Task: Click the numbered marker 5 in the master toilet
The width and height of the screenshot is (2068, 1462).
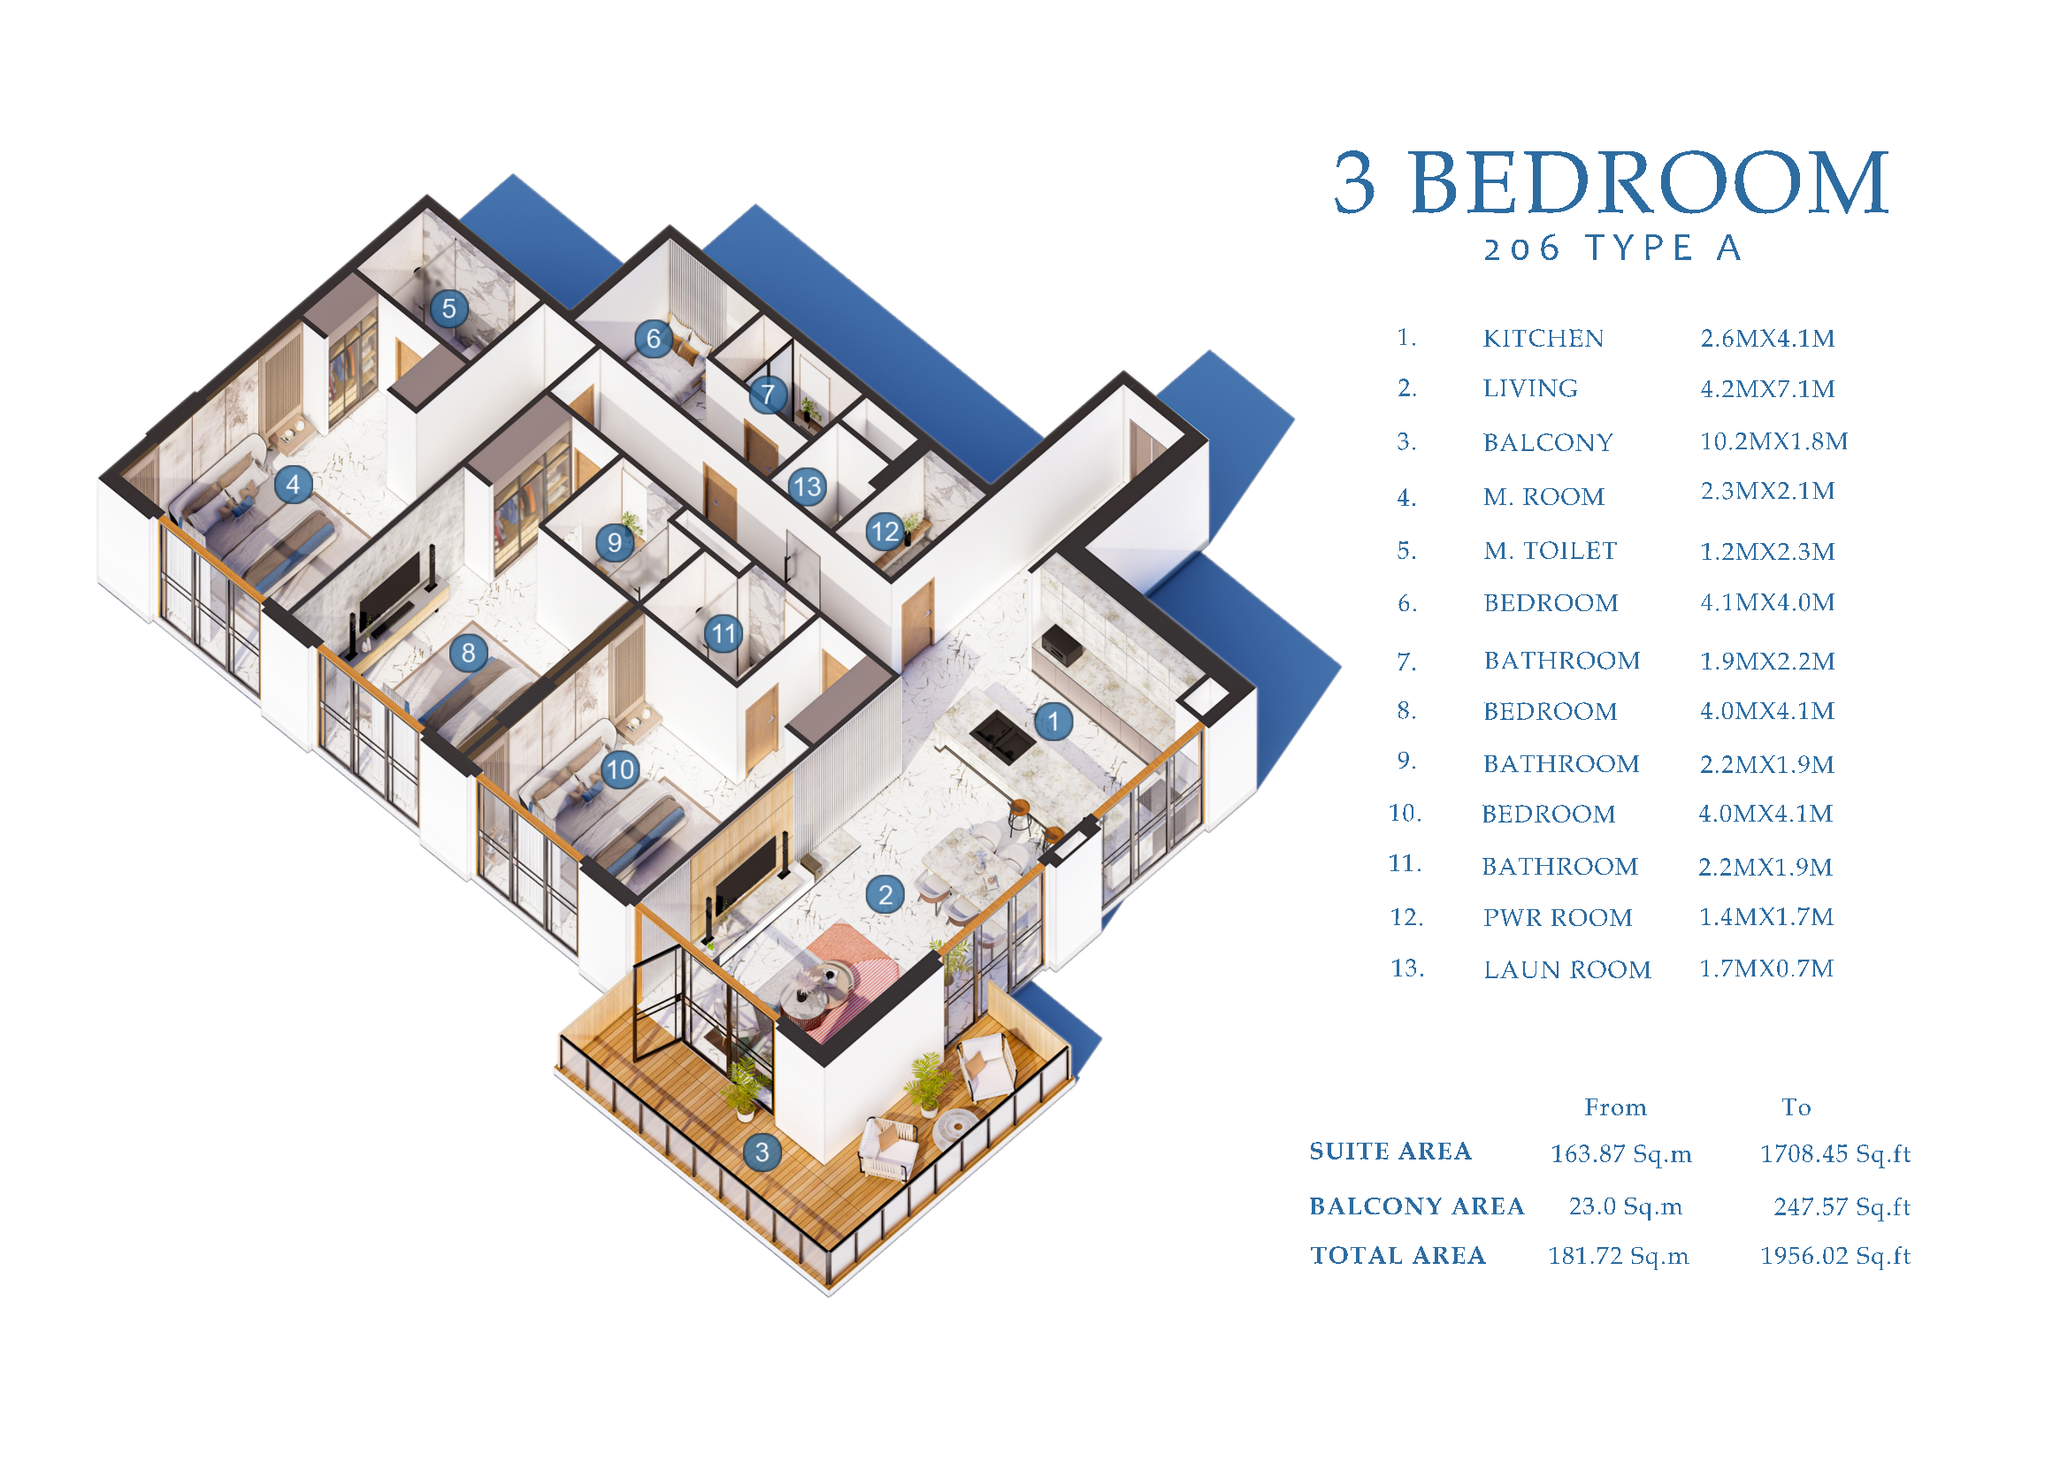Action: pos(448,309)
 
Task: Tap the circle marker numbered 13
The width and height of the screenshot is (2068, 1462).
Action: pos(806,487)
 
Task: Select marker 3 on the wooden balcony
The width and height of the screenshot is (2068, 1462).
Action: pos(762,1152)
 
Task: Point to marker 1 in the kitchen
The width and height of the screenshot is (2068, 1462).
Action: pos(1053,722)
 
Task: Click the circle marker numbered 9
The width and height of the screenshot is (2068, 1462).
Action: pos(614,542)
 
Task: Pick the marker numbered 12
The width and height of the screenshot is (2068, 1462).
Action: pos(885,532)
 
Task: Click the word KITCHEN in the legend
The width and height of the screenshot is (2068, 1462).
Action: pos(1543,339)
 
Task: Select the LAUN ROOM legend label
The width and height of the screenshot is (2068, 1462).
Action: pos(1567,970)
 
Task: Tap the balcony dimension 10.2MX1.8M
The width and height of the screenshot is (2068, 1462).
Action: pos(1773,441)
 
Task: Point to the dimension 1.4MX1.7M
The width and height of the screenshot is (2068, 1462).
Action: pos(1765,917)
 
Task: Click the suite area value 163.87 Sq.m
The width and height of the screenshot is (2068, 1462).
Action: pos(1620,1154)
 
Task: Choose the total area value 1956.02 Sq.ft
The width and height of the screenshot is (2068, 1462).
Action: pos(1834,1256)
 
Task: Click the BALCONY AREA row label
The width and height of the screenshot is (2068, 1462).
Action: pos(1416,1206)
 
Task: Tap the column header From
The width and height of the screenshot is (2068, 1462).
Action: pos(1615,1107)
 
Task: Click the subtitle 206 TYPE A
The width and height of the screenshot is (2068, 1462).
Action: pos(1612,248)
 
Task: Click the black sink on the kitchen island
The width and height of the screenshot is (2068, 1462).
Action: pos(1001,736)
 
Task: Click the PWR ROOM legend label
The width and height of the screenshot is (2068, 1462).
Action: pos(1558,918)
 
